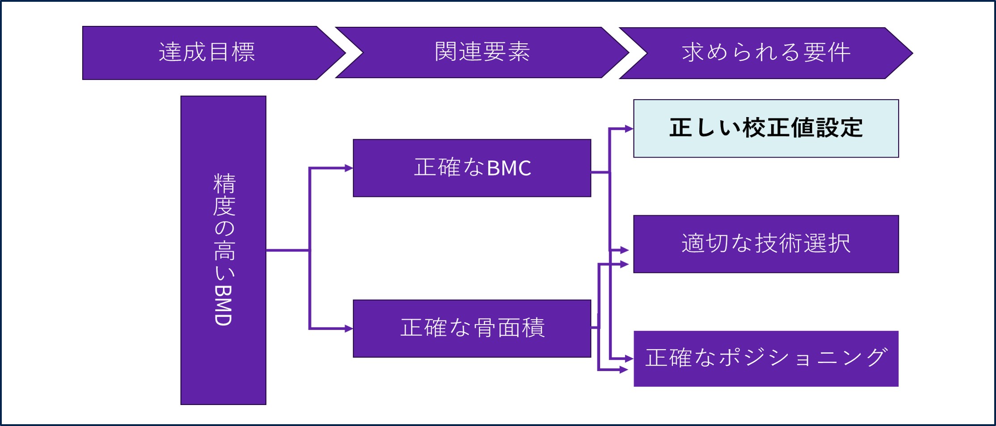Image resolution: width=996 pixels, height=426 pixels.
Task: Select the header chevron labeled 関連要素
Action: [x=482, y=52]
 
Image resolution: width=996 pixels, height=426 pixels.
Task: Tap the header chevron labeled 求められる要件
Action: [x=765, y=53]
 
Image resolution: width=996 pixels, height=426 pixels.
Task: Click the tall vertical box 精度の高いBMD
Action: [x=223, y=251]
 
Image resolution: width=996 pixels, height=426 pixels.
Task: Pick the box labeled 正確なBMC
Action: [x=472, y=168]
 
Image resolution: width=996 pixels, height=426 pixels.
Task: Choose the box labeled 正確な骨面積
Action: [x=472, y=328]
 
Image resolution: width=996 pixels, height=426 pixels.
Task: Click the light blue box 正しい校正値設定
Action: [x=765, y=128]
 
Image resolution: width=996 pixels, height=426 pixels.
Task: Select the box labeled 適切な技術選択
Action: [x=765, y=244]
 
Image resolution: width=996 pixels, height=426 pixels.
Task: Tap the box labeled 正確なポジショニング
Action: [x=765, y=359]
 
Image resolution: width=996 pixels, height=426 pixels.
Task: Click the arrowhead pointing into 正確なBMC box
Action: [x=349, y=168]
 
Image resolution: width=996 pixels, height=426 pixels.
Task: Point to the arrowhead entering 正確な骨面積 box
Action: [x=349, y=329]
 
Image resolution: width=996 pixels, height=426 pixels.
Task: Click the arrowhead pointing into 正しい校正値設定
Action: [x=629, y=129]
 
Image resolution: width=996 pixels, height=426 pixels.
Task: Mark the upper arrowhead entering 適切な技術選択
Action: [x=625, y=250]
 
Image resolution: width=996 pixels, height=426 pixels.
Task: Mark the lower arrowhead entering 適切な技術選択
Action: [x=625, y=264]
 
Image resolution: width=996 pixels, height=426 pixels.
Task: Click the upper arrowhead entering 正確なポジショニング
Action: [x=629, y=358]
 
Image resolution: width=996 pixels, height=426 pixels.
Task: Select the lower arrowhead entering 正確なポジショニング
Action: [x=624, y=370]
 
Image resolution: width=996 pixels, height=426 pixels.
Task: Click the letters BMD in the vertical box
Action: [x=223, y=305]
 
